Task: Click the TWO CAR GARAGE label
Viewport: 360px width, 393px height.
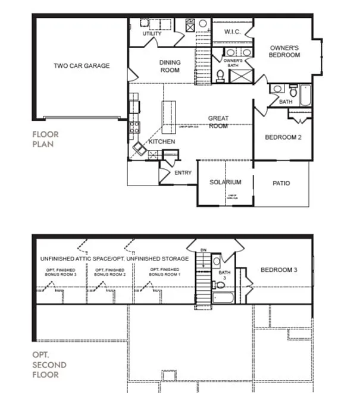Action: (82, 66)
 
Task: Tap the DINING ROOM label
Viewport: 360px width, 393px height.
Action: (170, 66)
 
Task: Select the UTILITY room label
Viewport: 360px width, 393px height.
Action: (152, 34)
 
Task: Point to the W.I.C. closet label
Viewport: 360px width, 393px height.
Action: (231, 31)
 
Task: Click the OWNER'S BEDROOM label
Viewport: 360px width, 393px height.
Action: (285, 51)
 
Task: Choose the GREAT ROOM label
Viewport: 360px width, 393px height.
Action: (218, 122)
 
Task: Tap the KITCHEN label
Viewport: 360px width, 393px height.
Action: (161, 142)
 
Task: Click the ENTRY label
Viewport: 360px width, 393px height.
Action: (181, 173)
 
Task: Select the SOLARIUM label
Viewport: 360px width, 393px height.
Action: (226, 182)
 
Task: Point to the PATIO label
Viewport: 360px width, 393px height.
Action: (281, 183)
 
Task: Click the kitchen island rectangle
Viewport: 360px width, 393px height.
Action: (169, 117)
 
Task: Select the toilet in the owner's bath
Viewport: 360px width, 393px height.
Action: (220, 75)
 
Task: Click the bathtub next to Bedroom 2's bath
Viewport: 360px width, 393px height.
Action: (305, 95)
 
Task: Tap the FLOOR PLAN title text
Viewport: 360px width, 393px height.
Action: (46, 139)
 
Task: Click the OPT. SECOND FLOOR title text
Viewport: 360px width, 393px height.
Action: (49, 364)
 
